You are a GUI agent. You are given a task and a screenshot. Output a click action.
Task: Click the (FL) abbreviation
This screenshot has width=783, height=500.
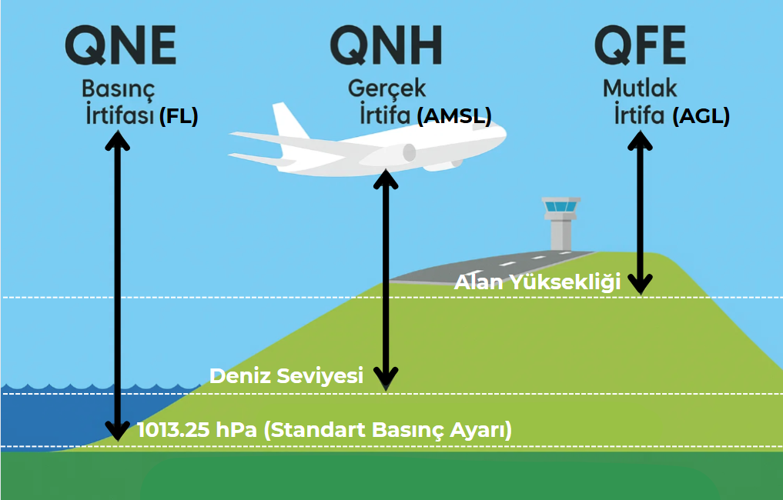(179, 116)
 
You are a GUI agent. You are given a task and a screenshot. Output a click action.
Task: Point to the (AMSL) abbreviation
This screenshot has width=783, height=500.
(454, 116)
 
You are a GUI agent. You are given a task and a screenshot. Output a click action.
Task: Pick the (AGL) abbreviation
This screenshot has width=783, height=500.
(701, 116)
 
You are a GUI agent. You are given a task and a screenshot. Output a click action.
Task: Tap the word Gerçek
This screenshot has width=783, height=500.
(387, 88)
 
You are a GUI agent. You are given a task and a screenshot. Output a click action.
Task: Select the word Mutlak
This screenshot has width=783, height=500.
(640, 88)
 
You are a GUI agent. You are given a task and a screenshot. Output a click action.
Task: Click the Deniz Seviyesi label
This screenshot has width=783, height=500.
(286, 375)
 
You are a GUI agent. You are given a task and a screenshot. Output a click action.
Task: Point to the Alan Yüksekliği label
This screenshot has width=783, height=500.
(537, 282)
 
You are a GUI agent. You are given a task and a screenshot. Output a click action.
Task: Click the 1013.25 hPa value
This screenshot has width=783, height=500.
(197, 430)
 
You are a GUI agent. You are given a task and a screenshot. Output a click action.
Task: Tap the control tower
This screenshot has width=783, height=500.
(560, 224)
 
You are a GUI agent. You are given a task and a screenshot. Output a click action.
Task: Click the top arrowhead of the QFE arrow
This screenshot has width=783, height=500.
(641, 140)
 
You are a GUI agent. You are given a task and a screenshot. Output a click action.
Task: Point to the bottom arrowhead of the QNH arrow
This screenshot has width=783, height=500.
(386, 379)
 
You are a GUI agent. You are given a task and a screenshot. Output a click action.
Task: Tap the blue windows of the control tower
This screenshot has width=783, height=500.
(560, 207)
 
